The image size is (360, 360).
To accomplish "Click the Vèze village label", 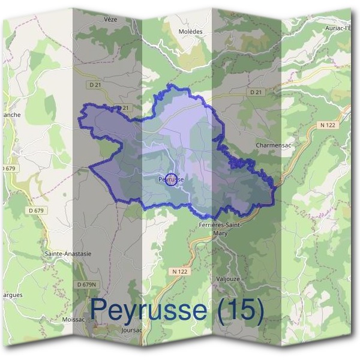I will coord(110,19).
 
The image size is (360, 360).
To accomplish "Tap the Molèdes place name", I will coord(191,31).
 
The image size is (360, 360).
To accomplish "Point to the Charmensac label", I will coord(272,145).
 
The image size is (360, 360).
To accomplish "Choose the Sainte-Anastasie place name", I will coord(68,254).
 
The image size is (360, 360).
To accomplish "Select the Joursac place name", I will coord(131,330).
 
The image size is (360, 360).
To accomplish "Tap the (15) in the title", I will coord(239,310).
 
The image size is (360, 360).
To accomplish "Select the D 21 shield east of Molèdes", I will coord(256,92).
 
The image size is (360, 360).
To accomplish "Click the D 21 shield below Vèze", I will coord(123,108).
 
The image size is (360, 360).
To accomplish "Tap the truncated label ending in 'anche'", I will coord(10,115).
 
